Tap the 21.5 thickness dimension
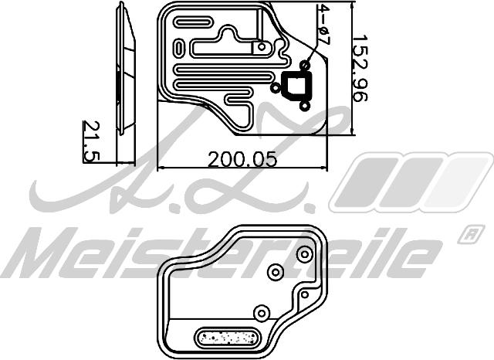[92, 141]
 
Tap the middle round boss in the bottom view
[274, 272]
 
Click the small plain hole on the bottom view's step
[304, 294]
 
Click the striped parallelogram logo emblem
[409, 182]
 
